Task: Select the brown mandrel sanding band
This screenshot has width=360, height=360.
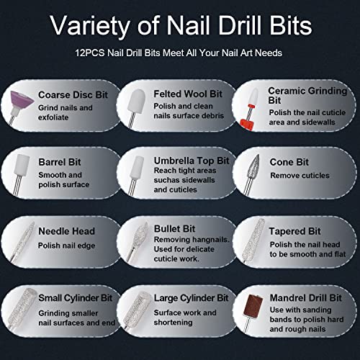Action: (x=253, y=305)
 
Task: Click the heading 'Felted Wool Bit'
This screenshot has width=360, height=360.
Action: (x=188, y=94)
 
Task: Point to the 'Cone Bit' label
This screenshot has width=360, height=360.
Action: (x=289, y=162)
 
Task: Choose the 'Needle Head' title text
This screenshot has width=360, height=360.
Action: (x=67, y=231)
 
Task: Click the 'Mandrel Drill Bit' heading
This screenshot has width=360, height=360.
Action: (x=305, y=298)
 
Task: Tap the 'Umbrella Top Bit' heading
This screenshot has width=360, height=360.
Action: (x=192, y=161)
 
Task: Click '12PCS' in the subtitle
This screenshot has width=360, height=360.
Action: (x=90, y=53)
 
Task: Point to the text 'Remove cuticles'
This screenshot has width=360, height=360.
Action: (x=300, y=176)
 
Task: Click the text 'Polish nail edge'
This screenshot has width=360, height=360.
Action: (x=67, y=246)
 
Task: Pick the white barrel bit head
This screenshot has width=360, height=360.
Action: (x=22, y=165)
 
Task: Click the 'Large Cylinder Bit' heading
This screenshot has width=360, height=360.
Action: (x=191, y=298)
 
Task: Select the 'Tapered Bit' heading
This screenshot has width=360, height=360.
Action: (x=294, y=231)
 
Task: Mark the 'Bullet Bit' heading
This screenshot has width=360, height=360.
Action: (x=174, y=229)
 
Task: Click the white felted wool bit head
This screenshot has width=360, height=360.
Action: (x=137, y=102)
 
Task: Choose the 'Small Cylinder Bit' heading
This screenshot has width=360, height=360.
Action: (x=76, y=298)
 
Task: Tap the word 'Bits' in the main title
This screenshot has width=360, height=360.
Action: (x=291, y=25)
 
